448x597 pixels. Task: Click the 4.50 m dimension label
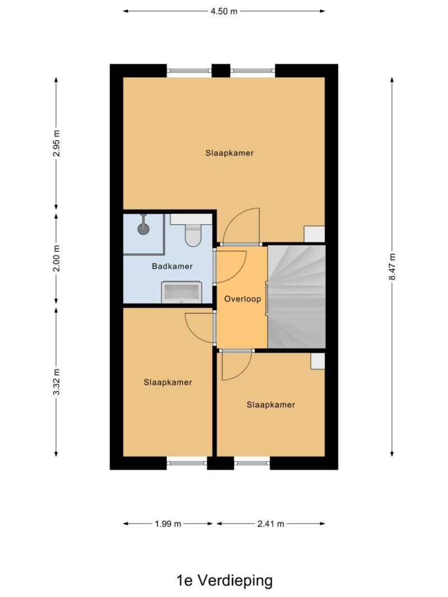[x=224, y=11]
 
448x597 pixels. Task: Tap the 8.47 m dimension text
[x=392, y=266]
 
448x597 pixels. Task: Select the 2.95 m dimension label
[x=57, y=143]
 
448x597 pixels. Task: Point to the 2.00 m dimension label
[x=57, y=258]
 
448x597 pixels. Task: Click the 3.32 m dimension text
[x=57, y=382]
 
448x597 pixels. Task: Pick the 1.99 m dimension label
[x=168, y=524]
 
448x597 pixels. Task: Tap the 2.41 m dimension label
[x=270, y=524]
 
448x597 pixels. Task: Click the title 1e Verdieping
[x=225, y=581]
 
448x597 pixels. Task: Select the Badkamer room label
[x=172, y=266]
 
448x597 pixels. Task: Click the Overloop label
[x=242, y=299]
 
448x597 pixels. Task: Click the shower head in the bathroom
[x=143, y=228]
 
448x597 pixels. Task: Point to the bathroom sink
[x=181, y=293]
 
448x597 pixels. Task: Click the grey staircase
[x=296, y=297]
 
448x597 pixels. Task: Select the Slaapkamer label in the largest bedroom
[x=230, y=153]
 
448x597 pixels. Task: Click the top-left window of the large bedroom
[x=189, y=70]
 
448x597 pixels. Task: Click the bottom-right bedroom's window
[x=252, y=463]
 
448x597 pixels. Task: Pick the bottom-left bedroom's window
[x=187, y=463]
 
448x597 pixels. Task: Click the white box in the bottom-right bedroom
[x=318, y=361]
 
